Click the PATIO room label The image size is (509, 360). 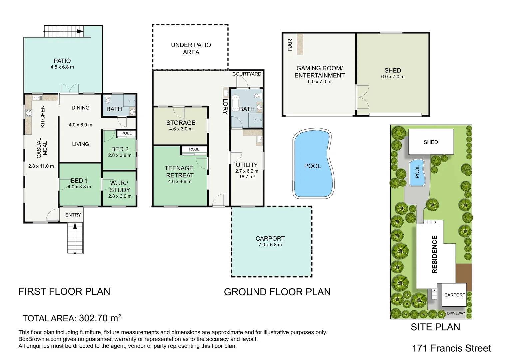62,61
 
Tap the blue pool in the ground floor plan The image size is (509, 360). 312,166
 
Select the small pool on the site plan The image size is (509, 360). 417,173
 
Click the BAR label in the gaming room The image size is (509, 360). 290,45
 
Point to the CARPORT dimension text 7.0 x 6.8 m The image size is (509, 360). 270,245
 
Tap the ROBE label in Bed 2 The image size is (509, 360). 126,133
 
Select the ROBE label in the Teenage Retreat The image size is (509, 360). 194,149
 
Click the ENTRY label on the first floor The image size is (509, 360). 73,215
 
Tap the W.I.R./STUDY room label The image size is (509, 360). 120,186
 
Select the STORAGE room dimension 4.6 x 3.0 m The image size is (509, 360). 181,129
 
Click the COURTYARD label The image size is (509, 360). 247,74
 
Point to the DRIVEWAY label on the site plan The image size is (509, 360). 456,313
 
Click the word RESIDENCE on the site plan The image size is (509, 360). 435,254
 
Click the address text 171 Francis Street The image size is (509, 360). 451,348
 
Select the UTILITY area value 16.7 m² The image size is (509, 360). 247,177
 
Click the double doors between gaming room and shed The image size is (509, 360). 362,96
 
